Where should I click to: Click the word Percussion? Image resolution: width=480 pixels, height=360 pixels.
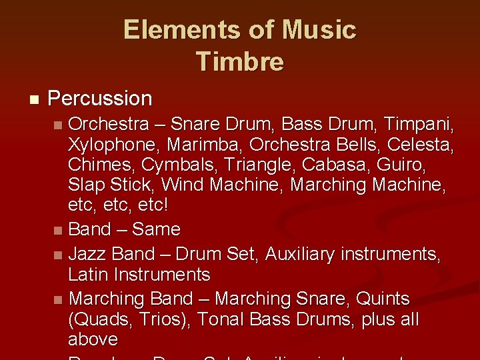[100, 99]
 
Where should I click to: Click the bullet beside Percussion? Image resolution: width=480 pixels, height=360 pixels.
[35, 99]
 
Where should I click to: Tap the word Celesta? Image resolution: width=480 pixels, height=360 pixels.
[422, 145]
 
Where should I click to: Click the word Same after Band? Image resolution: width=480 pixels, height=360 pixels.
[156, 230]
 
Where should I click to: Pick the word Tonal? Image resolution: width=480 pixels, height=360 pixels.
[221, 319]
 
